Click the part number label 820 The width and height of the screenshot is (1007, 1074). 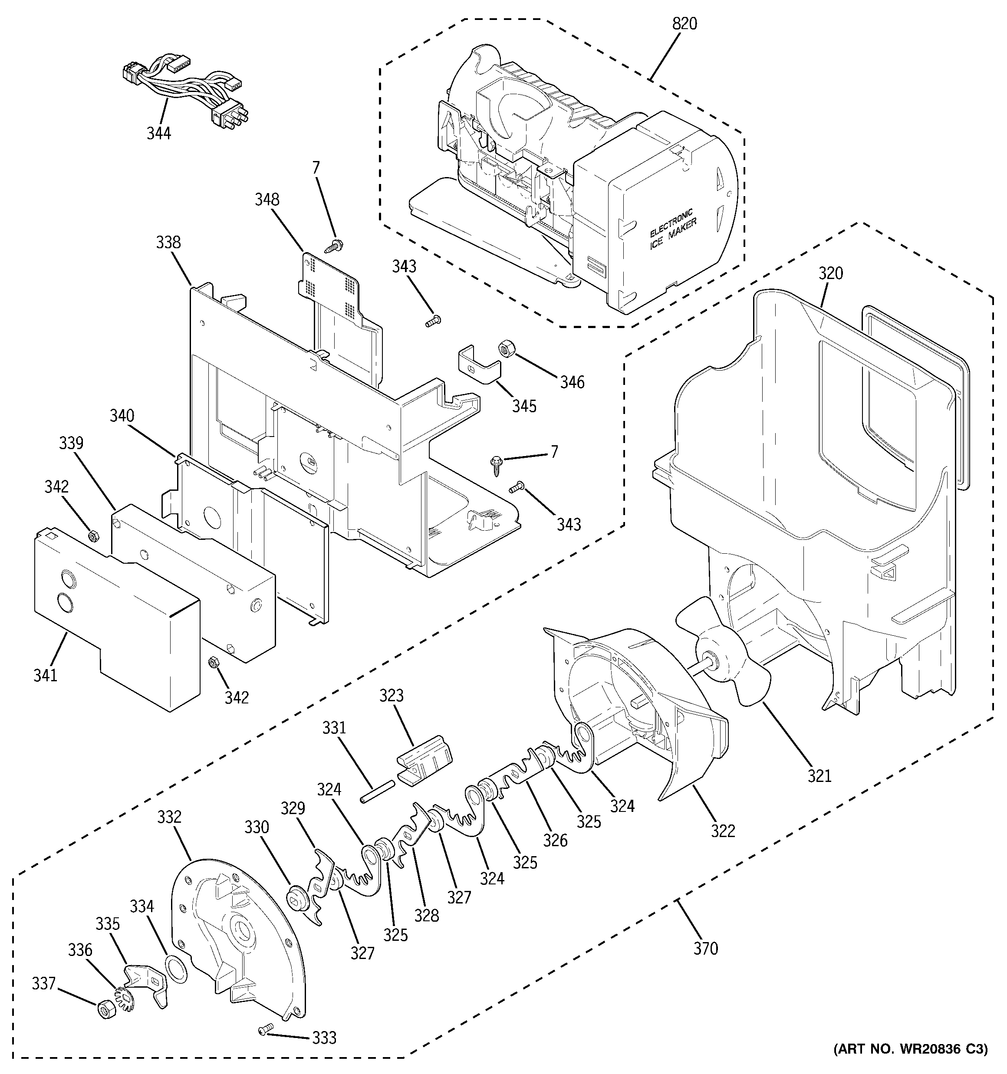[684, 24]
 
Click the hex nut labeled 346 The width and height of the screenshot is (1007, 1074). [507, 348]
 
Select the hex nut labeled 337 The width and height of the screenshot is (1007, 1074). [104, 1008]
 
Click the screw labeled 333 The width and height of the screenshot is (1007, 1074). [265, 1030]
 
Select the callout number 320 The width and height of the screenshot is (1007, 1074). [830, 273]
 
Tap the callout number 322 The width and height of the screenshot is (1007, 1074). [723, 831]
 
